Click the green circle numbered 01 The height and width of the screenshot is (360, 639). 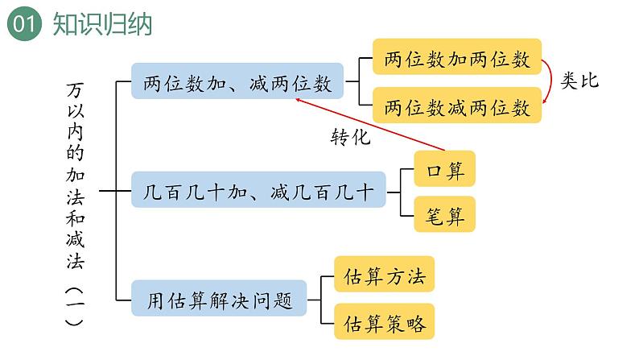[24, 23]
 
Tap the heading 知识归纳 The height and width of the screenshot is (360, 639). [102, 24]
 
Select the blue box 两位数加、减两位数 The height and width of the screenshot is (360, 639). [237, 81]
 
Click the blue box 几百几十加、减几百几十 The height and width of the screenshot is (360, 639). [258, 189]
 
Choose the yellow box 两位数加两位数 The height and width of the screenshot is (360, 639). [457, 56]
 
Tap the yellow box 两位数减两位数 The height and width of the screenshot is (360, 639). [457, 106]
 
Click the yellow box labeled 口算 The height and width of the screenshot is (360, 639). [444, 169]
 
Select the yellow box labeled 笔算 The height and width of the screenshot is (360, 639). [444, 214]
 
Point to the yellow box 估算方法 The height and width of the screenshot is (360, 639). [385, 274]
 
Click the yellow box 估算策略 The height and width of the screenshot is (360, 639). [385, 321]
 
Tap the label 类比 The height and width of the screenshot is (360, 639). [579, 81]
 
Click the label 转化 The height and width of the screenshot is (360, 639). [350, 137]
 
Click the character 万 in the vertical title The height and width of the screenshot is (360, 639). [75, 90]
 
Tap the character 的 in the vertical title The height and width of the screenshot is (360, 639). [75, 152]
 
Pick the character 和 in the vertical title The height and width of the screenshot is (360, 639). [75, 218]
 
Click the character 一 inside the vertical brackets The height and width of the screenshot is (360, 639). [75, 304]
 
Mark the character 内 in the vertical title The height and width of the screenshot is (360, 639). [75, 132]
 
